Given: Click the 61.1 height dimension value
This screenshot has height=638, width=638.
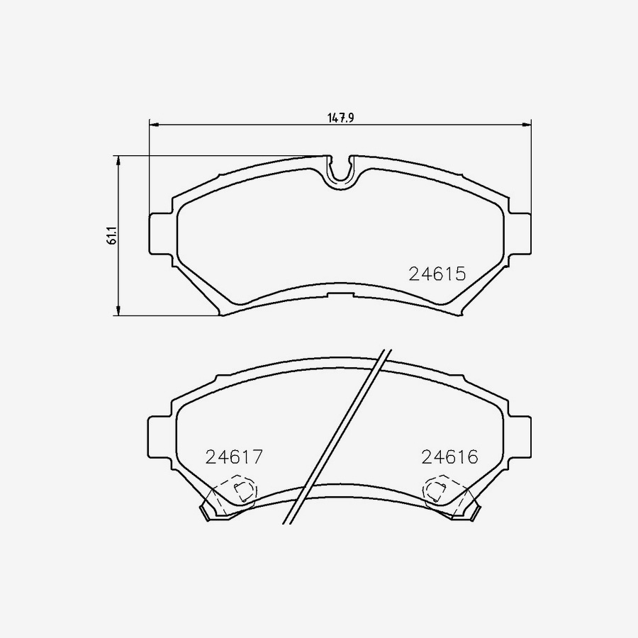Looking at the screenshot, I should (x=111, y=235).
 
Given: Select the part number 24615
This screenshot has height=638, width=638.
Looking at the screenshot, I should (x=437, y=274).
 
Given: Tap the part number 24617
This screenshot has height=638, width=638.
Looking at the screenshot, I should (x=234, y=457).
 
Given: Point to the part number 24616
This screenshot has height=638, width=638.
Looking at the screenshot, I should (x=450, y=457).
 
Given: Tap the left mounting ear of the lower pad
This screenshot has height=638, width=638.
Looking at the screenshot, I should (x=159, y=440).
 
